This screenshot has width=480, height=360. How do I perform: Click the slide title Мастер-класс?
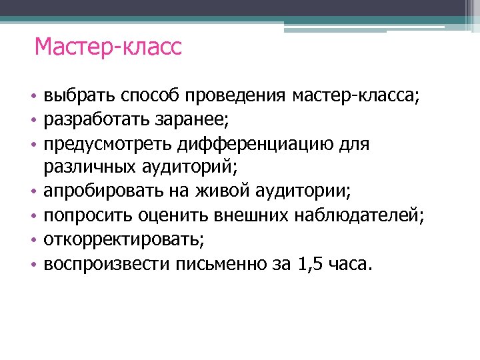(x=108, y=48)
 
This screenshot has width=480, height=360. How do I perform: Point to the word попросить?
(x=89, y=216)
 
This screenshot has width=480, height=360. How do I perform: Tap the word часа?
(x=345, y=264)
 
